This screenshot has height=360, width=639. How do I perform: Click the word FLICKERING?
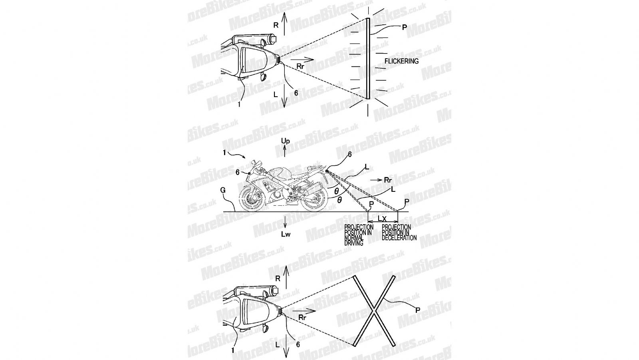tap(401, 61)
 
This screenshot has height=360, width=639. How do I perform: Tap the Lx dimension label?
tap(382, 219)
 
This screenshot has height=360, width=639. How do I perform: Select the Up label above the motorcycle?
tap(285, 141)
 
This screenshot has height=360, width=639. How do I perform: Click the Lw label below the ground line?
tap(286, 235)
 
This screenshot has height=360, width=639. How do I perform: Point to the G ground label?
tap(223, 190)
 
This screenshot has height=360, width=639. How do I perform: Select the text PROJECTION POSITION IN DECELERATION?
tap(399, 233)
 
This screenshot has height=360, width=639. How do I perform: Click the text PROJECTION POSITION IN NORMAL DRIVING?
tap(359, 235)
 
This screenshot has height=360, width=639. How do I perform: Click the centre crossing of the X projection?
tap(374, 310)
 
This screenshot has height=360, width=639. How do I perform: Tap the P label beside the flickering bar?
tap(404, 28)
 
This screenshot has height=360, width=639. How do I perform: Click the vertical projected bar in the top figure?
tap(368, 58)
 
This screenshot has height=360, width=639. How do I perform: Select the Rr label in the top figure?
tap(300, 66)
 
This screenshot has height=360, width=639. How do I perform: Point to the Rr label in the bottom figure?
tap(302, 318)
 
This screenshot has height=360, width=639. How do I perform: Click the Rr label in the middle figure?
tap(388, 180)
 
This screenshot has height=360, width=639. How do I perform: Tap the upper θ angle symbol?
tap(337, 191)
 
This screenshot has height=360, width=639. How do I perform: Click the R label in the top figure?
tap(276, 26)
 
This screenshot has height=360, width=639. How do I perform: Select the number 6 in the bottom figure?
tap(298, 344)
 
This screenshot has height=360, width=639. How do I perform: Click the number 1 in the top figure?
tap(239, 105)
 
